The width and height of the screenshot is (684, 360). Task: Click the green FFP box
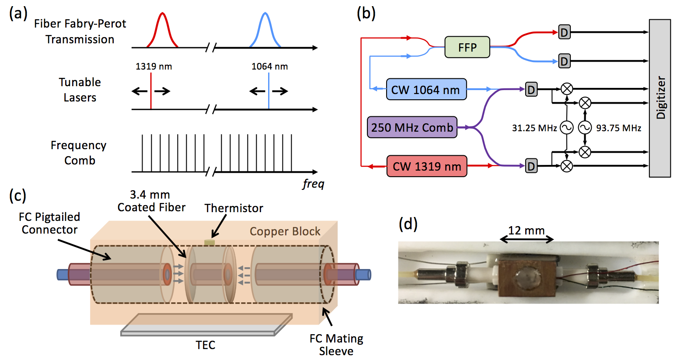tap(467, 47)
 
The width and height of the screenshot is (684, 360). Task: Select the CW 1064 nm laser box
tap(426, 90)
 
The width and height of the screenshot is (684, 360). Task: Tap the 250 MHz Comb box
tap(412, 127)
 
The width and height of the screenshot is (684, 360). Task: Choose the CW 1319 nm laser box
tap(426, 166)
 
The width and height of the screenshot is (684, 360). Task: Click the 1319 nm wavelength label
tap(154, 66)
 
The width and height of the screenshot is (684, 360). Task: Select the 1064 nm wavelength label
tap(269, 66)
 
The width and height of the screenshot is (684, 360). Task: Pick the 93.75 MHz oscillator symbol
tap(585, 128)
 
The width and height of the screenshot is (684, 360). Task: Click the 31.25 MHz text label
tap(534, 128)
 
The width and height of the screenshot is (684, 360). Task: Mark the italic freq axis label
tap(313, 184)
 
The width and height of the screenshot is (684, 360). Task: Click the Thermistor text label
tap(234, 208)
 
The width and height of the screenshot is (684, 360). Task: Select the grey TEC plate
tap(206, 325)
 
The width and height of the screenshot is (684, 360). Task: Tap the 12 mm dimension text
tap(526, 231)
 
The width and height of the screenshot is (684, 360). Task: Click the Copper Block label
tap(285, 231)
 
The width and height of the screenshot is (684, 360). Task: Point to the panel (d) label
tap(408, 224)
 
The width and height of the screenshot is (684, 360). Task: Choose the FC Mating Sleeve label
tap(336, 345)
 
